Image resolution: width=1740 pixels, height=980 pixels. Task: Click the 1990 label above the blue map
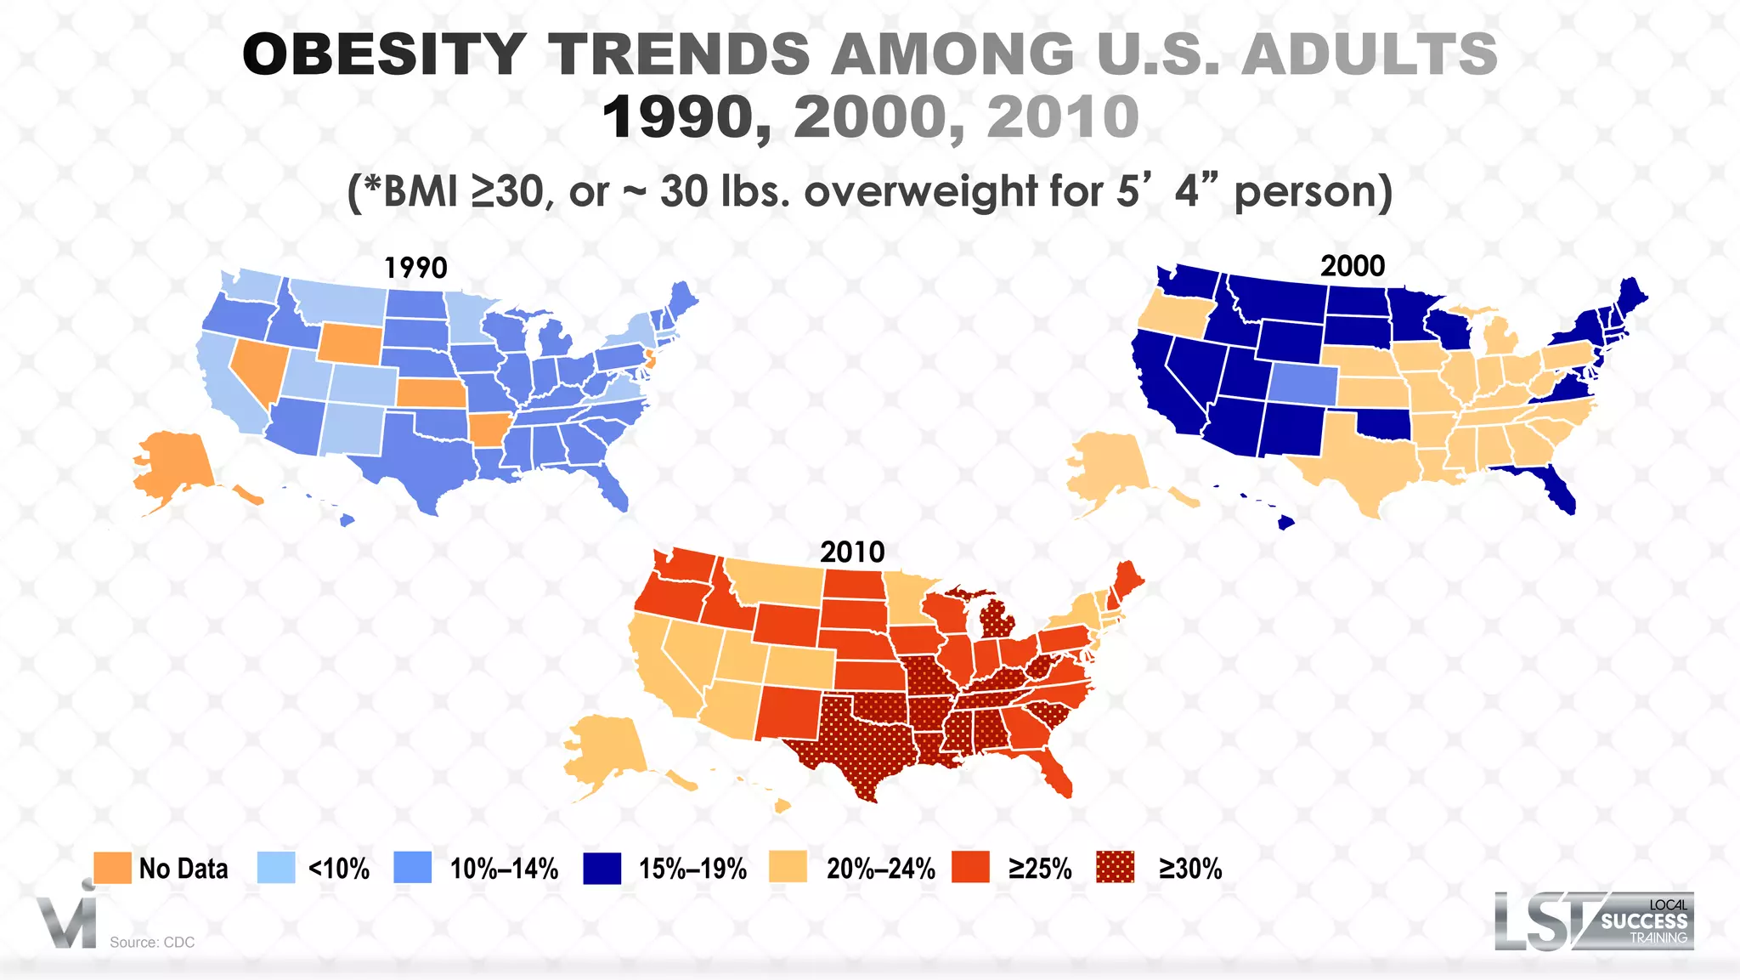pyautogui.click(x=415, y=268)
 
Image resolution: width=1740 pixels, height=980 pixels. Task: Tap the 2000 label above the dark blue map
pyautogui.click(x=1352, y=266)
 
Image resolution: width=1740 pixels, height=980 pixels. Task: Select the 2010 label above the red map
pyautogui.click(x=852, y=552)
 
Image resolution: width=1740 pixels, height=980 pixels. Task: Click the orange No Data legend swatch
pyautogui.click(x=112, y=868)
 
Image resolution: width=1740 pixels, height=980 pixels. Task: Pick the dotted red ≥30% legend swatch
pyautogui.click(x=1115, y=868)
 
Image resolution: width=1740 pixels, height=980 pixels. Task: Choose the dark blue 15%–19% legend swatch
pyautogui.click(x=602, y=868)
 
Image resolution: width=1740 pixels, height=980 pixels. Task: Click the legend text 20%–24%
pyautogui.click(x=880, y=869)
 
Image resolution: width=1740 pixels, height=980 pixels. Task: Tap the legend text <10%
pyautogui.click(x=338, y=869)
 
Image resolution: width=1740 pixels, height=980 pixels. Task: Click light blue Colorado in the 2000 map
pyautogui.click(x=1302, y=382)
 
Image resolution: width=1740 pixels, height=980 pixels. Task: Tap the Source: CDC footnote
pyautogui.click(x=152, y=942)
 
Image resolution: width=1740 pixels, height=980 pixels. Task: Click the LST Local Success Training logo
pyautogui.click(x=1593, y=921)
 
